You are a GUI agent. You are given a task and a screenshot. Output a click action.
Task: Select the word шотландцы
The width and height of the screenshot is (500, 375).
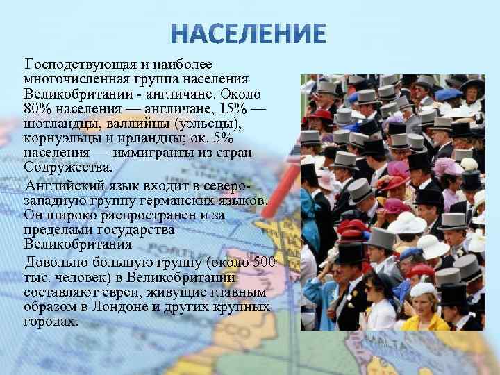click(x=65, y=124)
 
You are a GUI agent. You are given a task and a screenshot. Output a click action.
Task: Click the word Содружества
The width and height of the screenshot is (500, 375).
click(x=67, y=167)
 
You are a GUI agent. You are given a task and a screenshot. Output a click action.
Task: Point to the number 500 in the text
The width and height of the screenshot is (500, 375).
click(x=265, y=262)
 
